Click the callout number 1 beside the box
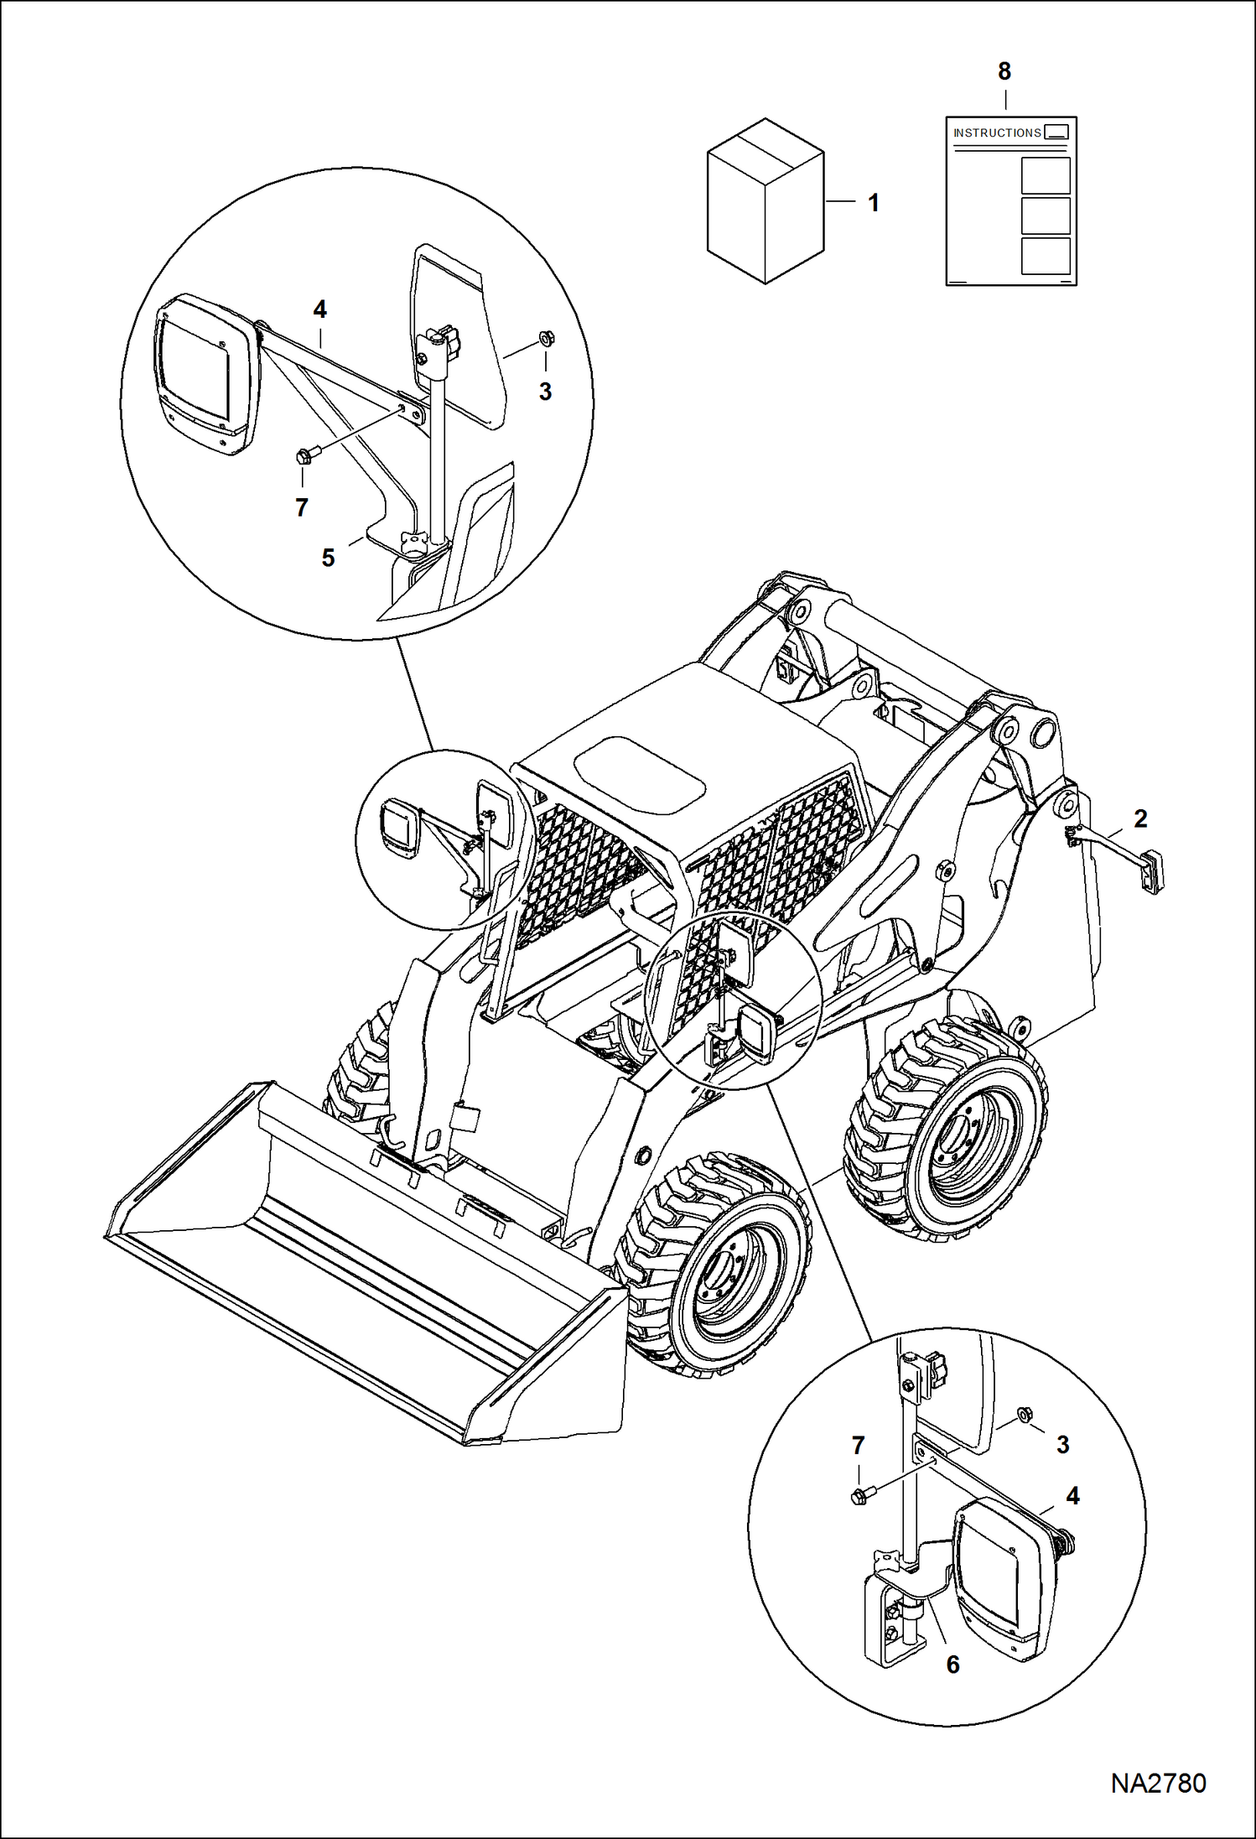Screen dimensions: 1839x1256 coord(873,203)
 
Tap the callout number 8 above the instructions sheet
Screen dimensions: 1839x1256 coord(1004,72)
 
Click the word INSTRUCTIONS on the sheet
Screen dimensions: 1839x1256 coord(997,133)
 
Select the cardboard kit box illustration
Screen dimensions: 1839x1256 coord(765,201)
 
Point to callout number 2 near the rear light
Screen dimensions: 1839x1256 coord(1140,818)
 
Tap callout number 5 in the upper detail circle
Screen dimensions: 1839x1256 coord(328,558)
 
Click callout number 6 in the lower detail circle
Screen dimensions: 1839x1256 coord(952,1665)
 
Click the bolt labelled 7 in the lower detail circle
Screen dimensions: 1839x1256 coord(860,1495)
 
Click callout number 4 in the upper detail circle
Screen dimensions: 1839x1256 coord(319,309)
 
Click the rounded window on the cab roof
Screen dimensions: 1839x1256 coord(639,775)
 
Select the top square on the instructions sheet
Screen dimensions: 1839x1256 coord(1046,176)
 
